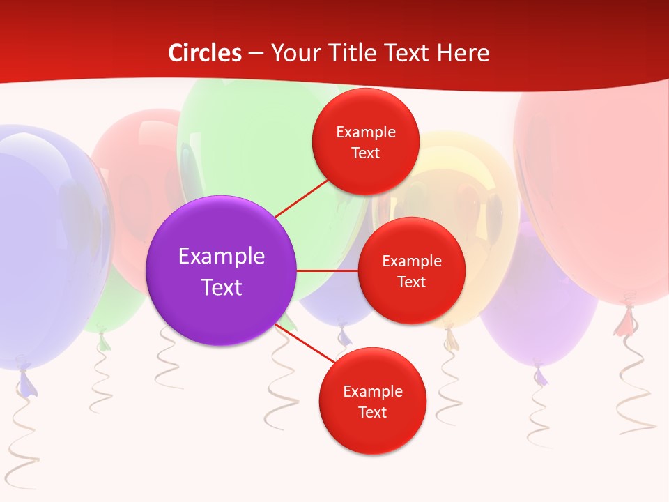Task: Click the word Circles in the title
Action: coord(204,53)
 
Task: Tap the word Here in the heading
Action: coord(463,53)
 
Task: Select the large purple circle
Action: coord(221,271)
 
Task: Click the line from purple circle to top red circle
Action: coord(302,198)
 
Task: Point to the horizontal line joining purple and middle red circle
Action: coord(327,271)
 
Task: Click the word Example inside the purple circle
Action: coord(221,256)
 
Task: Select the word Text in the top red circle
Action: coord(365,153)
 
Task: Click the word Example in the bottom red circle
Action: coord(372,391)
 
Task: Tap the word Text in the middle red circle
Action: coord(411,282)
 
